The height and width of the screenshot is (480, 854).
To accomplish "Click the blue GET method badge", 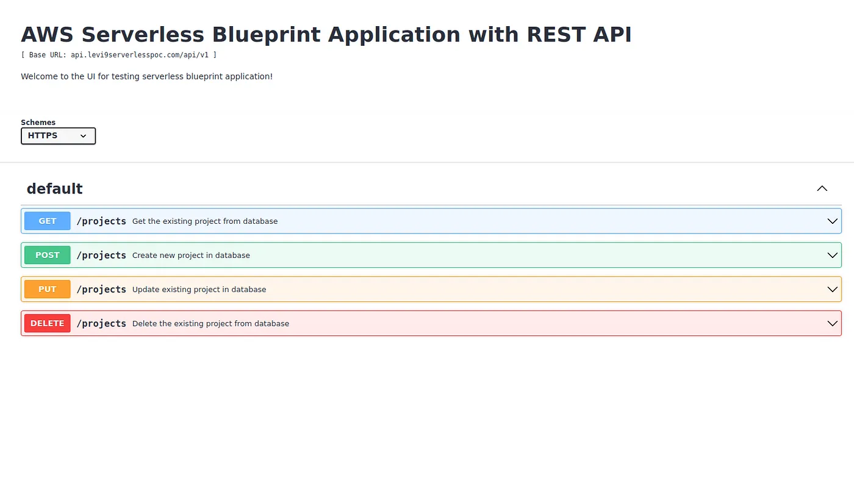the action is pyautogui.click(x=48, y=221).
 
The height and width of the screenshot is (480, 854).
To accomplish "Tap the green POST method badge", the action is pyautogui.click(x=48, y=255).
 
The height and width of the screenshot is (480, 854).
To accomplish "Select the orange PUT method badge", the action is pyautogui.click(x=48, y=289).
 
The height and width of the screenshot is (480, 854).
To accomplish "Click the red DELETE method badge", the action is pyautogui.click(x=48, y=323).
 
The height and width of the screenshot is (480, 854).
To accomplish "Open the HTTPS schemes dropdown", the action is pyautogui.click(x=58, y=136).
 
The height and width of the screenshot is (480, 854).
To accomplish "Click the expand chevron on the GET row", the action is pyautogui.click(x=832, y=221).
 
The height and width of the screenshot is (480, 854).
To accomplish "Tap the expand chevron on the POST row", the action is pyautogui.click(x=832, y=255).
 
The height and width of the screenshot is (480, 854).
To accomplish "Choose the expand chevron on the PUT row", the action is pyautogui.click(x=832, y=289).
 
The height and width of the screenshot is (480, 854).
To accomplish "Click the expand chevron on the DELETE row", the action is pyautogui.click(x=832, y=323).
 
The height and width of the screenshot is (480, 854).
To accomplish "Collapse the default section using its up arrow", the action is pyautogui.click(x=822, y=188).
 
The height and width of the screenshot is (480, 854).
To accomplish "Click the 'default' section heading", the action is pyautogui.click(x=54, y=188).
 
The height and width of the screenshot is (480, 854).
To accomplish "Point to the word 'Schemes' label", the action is pyautogui.click(x=38, y=123).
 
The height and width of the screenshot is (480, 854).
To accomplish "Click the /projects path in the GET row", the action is pyautogui.click(x=101, y=221).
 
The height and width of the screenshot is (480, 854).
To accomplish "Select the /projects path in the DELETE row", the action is pyautogui.click(x=101, y=324).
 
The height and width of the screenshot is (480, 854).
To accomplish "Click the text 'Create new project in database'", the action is pyautogui.click(x=191, y=256).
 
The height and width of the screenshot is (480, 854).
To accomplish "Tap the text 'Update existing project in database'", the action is pyautogui.click(x=199, y=289).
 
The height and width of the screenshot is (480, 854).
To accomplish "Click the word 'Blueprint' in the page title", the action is pyautogui.click(x=266, y=35).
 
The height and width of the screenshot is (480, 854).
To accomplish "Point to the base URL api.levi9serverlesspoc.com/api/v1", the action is pyautogui.click(x=140, y=55).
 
